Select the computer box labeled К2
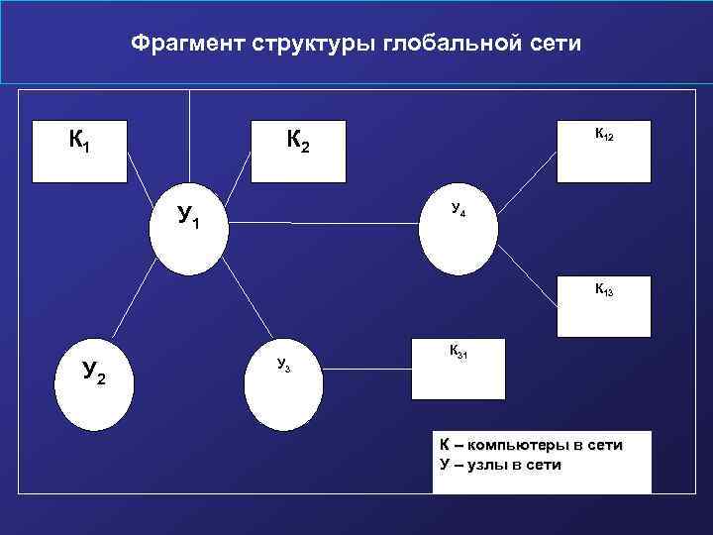tap(298, 152)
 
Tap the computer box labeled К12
tap(603, 152)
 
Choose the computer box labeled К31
tap(459, 368)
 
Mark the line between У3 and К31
tap(366, 371)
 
